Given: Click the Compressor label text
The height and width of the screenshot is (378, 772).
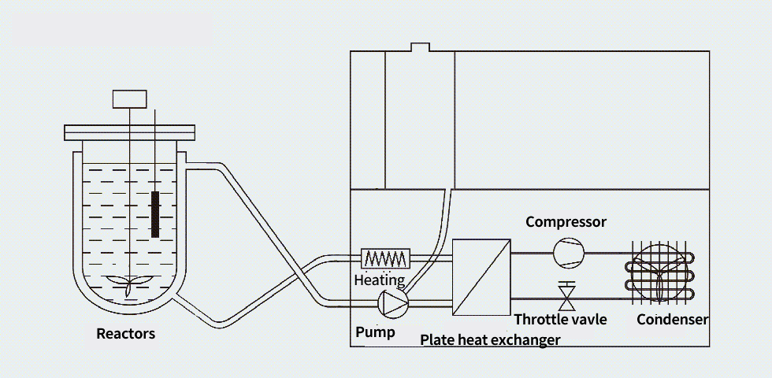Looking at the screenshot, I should tap(566, 222).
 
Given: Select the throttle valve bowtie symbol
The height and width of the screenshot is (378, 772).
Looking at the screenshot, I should tap(566, 297).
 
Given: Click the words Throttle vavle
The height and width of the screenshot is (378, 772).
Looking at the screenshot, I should tap(560, 320).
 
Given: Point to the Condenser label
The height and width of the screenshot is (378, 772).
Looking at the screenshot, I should tap(672, 320).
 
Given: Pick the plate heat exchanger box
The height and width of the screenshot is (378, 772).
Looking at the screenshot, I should tap(481, 276).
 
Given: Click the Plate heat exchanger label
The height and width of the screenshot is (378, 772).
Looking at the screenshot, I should tap(490, 340).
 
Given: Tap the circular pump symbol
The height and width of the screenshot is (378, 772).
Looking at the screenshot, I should tap(393, 302).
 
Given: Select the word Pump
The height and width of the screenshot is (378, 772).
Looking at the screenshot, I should tap(375, 332).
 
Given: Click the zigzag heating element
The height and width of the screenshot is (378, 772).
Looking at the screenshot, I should tap(386, 258).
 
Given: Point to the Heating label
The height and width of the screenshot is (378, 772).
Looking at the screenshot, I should tap(379, 280).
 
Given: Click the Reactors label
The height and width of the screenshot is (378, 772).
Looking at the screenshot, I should tap(125, 333).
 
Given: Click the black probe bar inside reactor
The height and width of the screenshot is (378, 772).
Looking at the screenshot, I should tap(155, 213).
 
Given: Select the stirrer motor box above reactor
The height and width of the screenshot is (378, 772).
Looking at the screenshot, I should tap(129, 99).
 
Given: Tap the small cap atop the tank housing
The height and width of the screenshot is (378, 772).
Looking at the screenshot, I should tap(421, 46).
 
